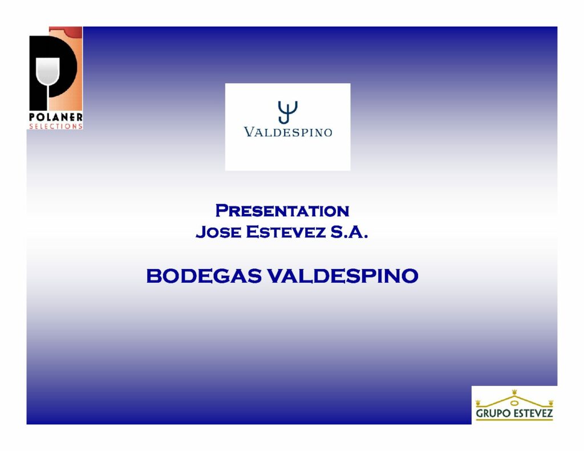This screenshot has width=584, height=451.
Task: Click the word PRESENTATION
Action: (282, 211)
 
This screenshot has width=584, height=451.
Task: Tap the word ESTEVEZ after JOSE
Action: (286, 232)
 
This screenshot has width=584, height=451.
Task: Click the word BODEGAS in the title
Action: (204, 276)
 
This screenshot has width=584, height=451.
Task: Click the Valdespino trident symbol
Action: (287, 112)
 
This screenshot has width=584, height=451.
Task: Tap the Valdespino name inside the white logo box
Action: (288, 132)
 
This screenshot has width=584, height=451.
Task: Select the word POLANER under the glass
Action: (56, 117)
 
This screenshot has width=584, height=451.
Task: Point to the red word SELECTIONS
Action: (56, 126)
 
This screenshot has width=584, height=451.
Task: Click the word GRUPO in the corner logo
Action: (493, 413)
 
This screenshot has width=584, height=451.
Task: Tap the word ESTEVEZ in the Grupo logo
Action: (533, 413)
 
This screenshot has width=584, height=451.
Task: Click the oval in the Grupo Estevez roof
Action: (514, 403)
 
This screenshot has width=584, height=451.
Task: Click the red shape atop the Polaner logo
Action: (66, 31)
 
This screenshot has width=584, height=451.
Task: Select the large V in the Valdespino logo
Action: (249, 132)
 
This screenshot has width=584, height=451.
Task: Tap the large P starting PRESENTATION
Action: (222, 210)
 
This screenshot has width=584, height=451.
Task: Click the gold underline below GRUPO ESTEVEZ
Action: (514, 420)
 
